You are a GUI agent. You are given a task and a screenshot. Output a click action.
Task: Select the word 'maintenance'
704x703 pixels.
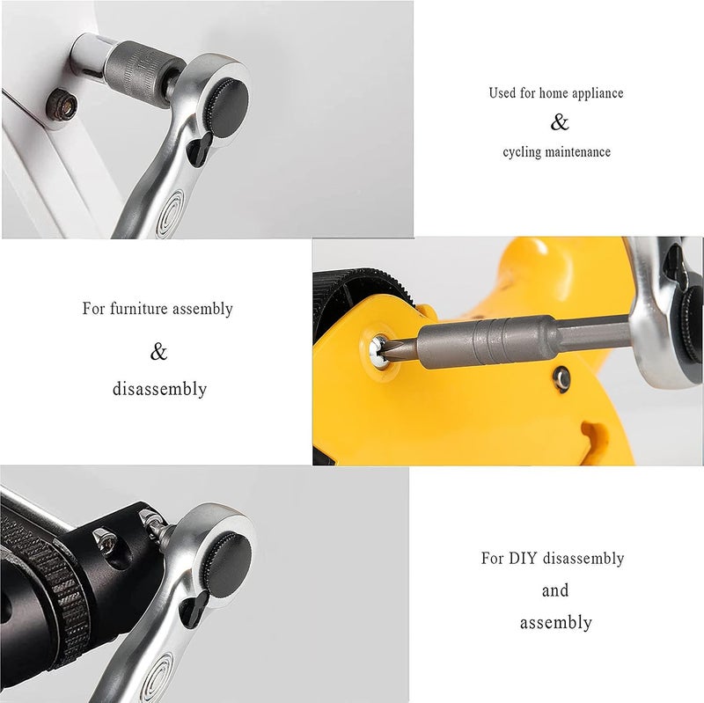(x=577, y=151)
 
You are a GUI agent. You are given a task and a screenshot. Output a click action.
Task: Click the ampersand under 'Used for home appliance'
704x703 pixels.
(x=560, y=122)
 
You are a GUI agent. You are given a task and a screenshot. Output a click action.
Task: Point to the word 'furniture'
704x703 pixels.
(x=139, y=309)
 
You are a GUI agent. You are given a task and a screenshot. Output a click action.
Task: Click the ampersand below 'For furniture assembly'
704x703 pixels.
(x=158, y=352)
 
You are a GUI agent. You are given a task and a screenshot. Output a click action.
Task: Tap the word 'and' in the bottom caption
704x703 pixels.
(x=555, y=590)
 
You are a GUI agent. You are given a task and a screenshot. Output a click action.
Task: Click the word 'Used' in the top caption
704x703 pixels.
(x=502, y=93)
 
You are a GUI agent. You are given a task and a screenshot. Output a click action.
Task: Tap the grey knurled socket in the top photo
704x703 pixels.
(x=144, y=73)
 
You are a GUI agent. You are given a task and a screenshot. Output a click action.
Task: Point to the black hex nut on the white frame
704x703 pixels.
(x=62, y=105)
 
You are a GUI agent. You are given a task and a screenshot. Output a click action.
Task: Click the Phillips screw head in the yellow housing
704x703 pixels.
(x=378, y=353)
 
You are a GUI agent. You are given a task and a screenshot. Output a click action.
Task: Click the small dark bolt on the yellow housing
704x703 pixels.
(x=561, y=379)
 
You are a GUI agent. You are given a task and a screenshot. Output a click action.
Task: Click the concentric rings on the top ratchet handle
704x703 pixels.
(x=170, y=214)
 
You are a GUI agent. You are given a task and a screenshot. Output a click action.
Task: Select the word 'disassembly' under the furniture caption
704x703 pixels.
(x=159, y=389)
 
